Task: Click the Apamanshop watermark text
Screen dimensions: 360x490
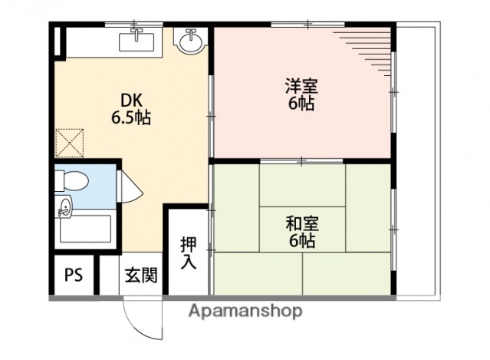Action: click(x=245, y=311)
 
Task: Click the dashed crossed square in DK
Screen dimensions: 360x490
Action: click(x=70, y=141)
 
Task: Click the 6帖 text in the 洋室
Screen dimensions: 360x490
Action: click(x=301, y=105)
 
